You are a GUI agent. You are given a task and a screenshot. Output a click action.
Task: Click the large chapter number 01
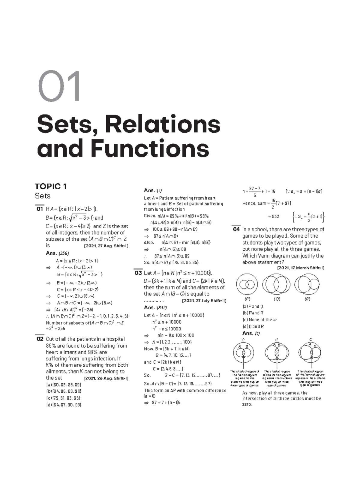(x=59, y=86)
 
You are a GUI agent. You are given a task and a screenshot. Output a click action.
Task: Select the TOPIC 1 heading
(x=51, y=187)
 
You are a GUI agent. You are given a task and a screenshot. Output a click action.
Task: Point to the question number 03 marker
(x=138, y=273)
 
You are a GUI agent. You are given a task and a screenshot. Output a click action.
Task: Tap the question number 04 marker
(x=236, y=229)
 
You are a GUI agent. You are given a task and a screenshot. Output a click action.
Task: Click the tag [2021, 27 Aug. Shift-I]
(x=106, y=246)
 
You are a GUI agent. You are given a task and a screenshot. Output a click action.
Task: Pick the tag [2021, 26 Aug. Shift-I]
(x=106, y=378)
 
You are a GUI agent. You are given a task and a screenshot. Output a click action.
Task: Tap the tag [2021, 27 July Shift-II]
(x=204, y=301)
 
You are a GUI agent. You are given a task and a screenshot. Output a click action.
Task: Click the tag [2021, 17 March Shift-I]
(x=301, y=268)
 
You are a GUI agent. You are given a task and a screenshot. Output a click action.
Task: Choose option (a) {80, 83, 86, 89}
(x=64, y=385)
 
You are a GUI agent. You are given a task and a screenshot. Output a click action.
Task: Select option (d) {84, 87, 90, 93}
(x=64, y=405)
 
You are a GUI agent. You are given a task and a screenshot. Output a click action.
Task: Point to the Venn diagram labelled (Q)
(x=277, y=284)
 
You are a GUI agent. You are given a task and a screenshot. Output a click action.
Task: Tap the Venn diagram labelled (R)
(x=307, y=284)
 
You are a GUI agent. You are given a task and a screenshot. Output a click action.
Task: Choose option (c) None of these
(x=259, y=320)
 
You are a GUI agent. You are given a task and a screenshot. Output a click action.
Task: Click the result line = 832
(x=273, y=216)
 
